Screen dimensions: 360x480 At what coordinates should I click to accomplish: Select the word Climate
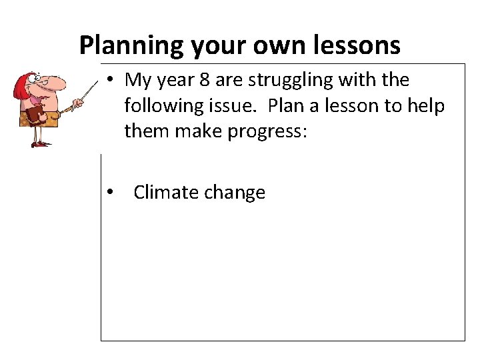tap(165, 193)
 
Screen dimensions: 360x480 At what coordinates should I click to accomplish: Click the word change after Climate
tap(234, 193)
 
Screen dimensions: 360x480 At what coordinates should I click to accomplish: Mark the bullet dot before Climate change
tap(111, 193)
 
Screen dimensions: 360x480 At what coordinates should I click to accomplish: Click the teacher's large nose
tap(57, 84)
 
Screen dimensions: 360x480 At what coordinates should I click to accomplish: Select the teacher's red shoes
tap(39, 144)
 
